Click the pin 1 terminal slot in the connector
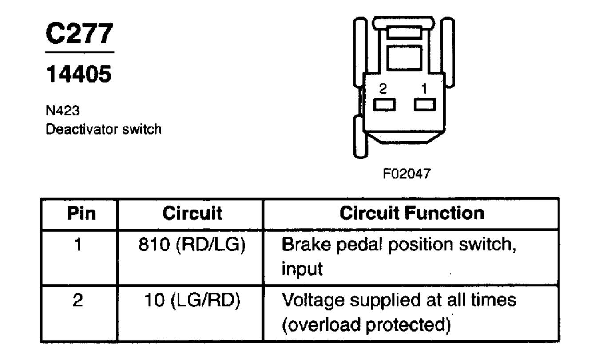[x=424, y=105]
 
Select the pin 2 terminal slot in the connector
[x=385, y=105]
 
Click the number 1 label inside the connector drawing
[x=424, y=89]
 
